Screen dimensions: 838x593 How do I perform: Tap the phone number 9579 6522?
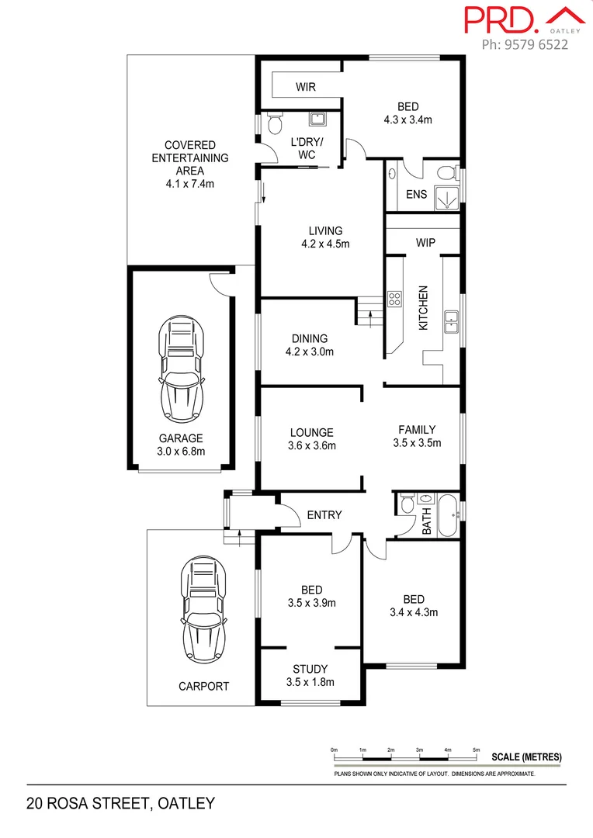[525, 44]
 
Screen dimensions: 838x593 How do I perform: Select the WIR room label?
[306, 87]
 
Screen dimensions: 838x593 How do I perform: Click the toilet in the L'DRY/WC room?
[273, 123]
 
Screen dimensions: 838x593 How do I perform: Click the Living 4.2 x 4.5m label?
[325, 237]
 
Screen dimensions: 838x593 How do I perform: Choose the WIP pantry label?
[425, 242]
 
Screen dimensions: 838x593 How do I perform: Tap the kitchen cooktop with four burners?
[394, 299]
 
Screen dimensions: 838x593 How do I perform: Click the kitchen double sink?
[451, 318]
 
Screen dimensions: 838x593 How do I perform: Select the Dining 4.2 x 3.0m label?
[310, 345]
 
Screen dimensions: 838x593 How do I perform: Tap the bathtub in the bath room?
[448, 515]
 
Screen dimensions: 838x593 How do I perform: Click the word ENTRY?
[324, 514]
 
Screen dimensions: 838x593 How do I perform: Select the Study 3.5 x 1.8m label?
[310, 675]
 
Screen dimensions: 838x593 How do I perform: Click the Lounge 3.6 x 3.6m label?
[312, 439]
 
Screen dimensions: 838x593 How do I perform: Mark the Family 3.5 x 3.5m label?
[417, 436]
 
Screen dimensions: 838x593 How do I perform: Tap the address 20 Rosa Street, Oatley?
[120, 803]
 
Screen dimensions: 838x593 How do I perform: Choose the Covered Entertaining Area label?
[190, 164]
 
